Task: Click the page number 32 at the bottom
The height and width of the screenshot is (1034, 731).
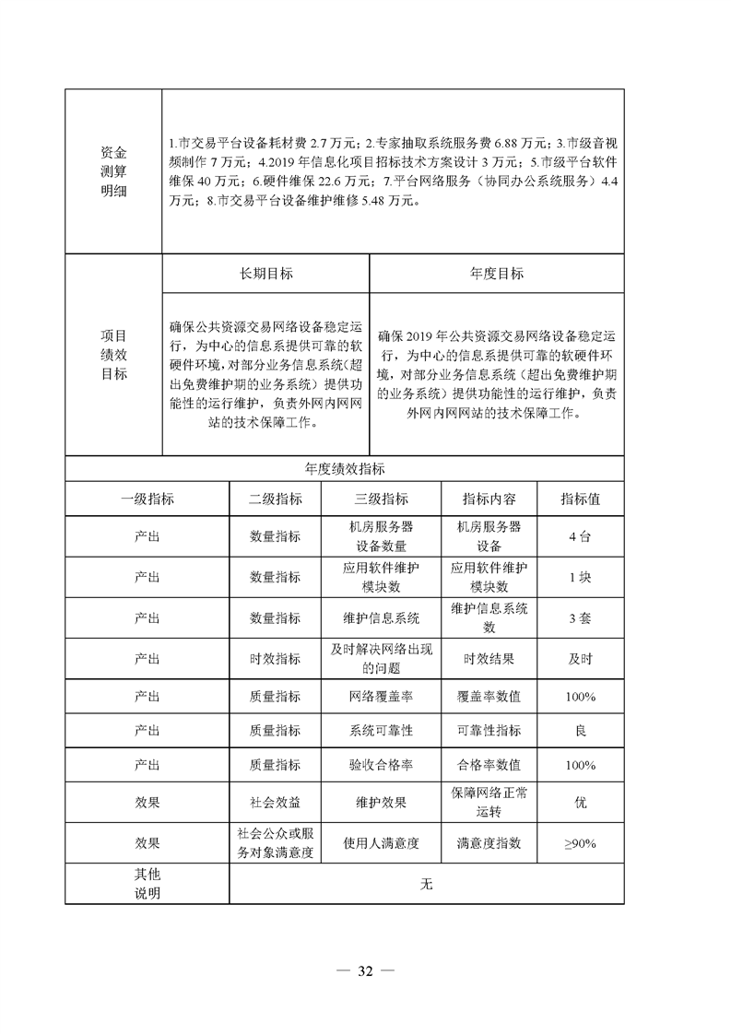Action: [x=364, y=970]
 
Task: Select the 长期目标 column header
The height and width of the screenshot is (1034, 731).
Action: [x=265, y=274]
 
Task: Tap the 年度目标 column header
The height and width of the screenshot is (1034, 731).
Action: [x=496, y=274]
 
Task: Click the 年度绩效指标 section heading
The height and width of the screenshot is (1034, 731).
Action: [x=344, y=468]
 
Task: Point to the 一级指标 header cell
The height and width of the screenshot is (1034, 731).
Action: [x=147, y=499]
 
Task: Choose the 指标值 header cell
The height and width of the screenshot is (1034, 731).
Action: [x=581, y=499]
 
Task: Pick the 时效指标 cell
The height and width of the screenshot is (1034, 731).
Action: [x=275, y=659]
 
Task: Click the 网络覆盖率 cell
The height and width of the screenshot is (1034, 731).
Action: [x=381, y=697]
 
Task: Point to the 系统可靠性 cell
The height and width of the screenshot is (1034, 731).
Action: [x=381, y=731]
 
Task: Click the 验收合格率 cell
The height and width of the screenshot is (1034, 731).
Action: [x=381, y=765]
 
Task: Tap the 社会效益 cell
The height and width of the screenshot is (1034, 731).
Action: [x=275, y=803]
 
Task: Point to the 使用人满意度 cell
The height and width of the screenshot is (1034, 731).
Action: [x=381, y=843]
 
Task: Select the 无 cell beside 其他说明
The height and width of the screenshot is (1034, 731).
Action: [x=426, y=885]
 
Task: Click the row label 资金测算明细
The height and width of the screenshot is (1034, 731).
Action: [x=113, y=170]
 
